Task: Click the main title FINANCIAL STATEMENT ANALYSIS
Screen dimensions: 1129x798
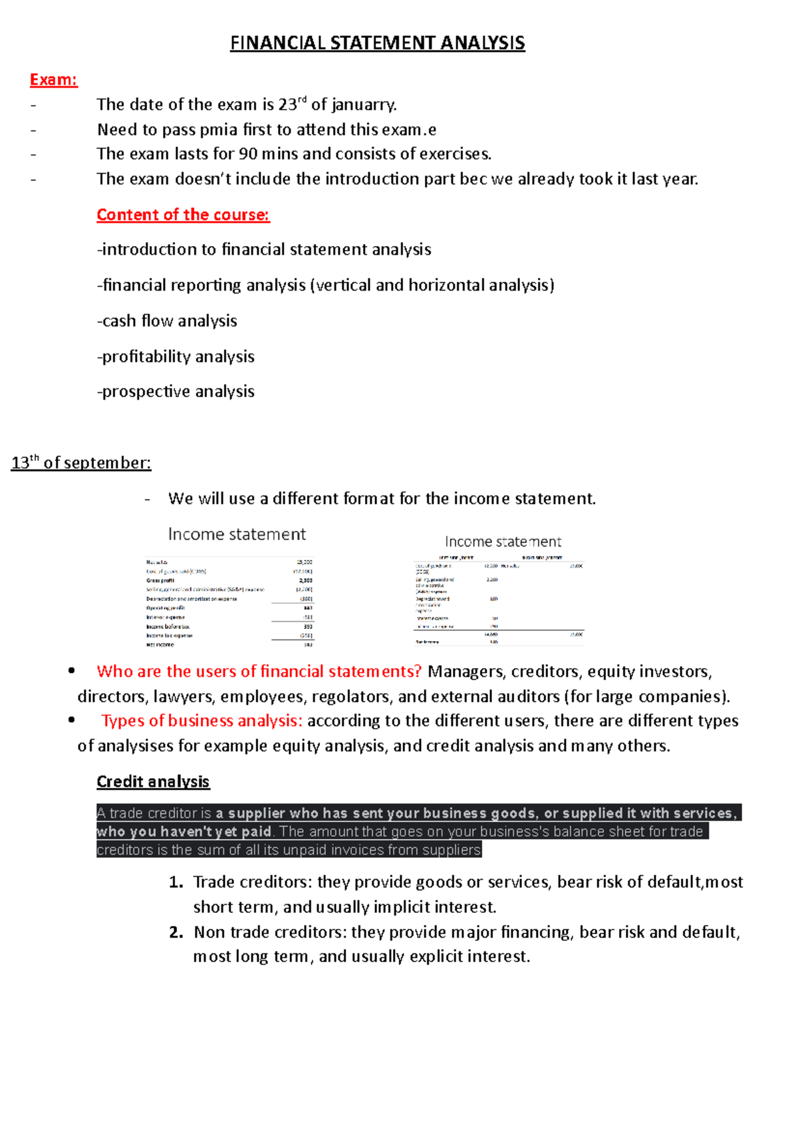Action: click(377, 43)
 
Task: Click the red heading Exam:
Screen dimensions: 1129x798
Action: click(54, 80)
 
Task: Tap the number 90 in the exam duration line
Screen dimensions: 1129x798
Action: click(248, 154)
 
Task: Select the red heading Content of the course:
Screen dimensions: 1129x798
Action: click(183, 215)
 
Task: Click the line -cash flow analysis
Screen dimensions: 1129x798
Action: click(167, 321)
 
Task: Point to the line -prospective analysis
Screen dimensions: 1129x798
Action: click(176, 392)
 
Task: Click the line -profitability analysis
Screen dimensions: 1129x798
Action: click(176, 357)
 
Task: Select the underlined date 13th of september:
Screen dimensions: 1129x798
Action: click(81, 463)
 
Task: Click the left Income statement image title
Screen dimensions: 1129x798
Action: click(237, 535)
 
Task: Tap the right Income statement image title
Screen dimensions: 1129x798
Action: click(503, 542)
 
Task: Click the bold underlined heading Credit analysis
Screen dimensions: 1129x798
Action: click(153, 782)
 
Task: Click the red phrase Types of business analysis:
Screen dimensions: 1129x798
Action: click(202, 721)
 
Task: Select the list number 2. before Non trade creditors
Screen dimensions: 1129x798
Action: click(176, 932)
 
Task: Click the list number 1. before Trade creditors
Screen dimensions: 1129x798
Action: click(176, 882)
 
